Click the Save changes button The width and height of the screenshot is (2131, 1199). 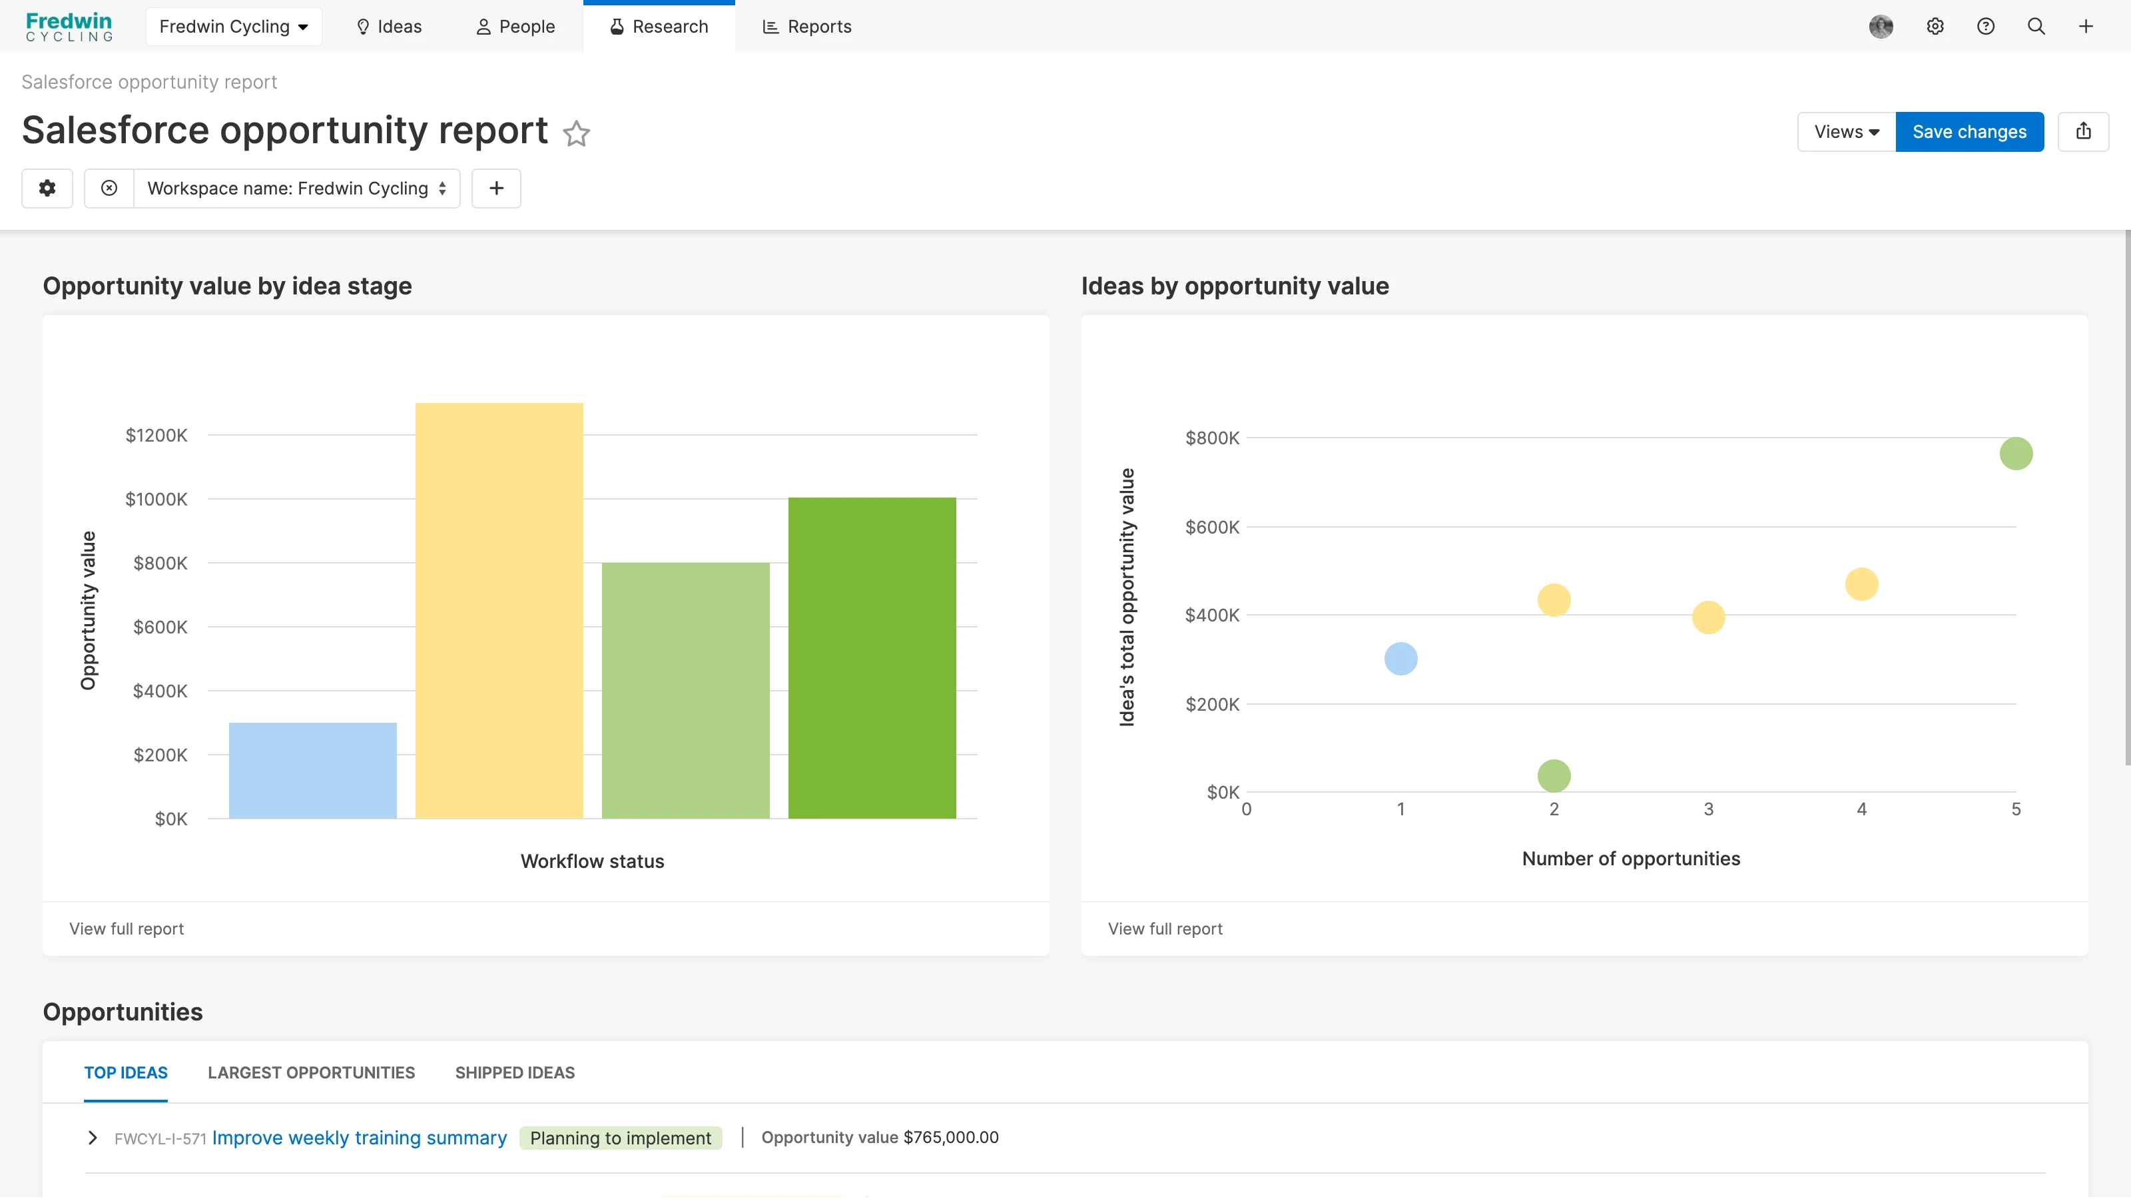point(1969,132)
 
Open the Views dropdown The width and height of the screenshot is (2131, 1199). point(1845,132)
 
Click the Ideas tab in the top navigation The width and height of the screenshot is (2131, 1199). point(389,27)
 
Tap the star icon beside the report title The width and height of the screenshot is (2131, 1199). point(576,133)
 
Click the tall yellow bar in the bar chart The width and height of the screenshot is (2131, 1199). point(499,611)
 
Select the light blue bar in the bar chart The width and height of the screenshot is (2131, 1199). point(313,771)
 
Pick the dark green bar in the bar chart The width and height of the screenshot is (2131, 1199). point(872,658)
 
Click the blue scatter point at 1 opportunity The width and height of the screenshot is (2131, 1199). point(1400,659)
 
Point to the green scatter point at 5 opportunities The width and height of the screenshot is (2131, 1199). point(2016,454)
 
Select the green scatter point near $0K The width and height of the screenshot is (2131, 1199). point(1554,775)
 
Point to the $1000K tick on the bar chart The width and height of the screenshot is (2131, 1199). point(156,499)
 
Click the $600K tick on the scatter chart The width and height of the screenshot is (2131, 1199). point(1212,527)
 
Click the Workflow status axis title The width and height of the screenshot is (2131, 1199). point(592,861)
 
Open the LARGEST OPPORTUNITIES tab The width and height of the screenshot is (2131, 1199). point(311,1072)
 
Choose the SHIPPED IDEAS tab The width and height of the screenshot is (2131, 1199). point(515,1072)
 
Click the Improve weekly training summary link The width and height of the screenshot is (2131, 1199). point(359,1138)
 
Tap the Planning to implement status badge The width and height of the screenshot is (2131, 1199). point(621,1138)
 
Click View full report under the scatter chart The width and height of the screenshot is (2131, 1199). point(1165,929)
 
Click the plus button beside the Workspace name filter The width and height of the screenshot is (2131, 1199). point(496,189)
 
